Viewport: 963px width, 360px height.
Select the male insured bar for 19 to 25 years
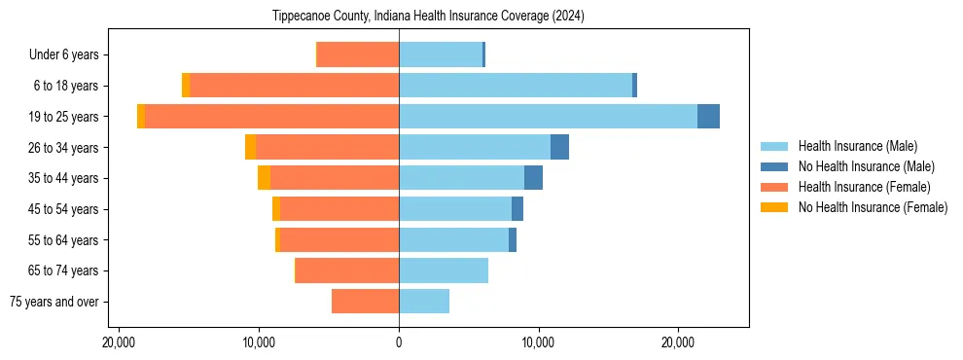548,116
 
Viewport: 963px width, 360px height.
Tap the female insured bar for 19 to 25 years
271,116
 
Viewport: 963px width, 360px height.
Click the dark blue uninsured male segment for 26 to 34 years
559,147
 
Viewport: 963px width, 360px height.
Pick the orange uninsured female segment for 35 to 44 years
264,178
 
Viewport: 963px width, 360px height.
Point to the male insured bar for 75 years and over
424,302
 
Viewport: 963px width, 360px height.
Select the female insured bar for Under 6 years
358,54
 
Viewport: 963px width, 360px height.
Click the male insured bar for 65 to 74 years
444,270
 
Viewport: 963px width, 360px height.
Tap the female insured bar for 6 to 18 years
294,86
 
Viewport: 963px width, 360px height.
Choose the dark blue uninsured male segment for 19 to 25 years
708,116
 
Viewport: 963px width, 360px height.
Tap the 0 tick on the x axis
399,343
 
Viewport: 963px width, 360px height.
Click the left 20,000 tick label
119,343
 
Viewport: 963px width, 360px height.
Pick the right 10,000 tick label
538,343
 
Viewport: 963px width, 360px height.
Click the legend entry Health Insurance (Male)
857,146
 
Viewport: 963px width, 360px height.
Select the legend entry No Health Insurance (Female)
873,207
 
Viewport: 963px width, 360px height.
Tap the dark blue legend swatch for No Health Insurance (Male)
774,166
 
